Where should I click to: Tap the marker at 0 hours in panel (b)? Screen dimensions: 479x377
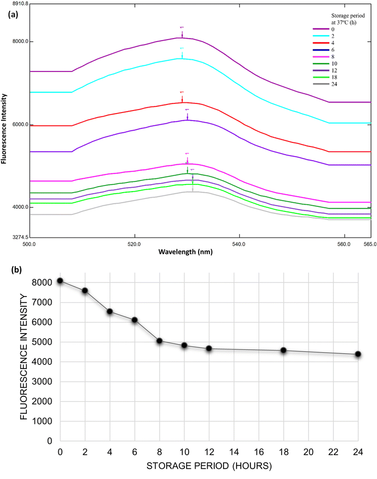60,281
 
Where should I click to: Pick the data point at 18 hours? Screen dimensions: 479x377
283,350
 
